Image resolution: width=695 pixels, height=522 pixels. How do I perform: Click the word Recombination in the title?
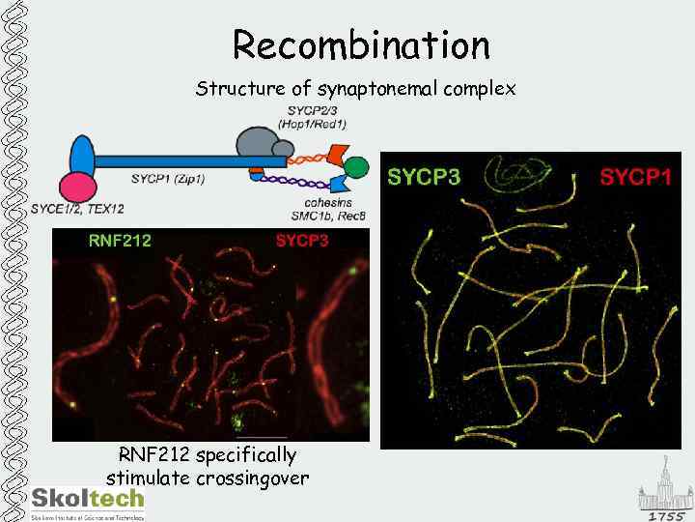click(361, 44)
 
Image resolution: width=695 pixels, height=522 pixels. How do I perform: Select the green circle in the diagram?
click(356, 168)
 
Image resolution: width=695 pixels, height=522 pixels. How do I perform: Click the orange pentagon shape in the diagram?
click(338, 152)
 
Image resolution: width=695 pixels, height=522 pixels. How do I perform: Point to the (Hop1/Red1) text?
click(312, 123)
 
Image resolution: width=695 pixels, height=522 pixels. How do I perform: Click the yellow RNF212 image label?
click(120, 241)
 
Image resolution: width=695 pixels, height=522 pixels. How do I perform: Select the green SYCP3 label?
click(424, 177)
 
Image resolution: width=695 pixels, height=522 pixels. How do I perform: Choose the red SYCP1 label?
click(635, 177)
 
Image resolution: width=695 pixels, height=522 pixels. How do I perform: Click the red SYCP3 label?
click(302, 241)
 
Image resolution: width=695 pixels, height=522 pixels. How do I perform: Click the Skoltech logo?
click(88, 500)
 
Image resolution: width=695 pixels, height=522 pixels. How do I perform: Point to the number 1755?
click(666, 516)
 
